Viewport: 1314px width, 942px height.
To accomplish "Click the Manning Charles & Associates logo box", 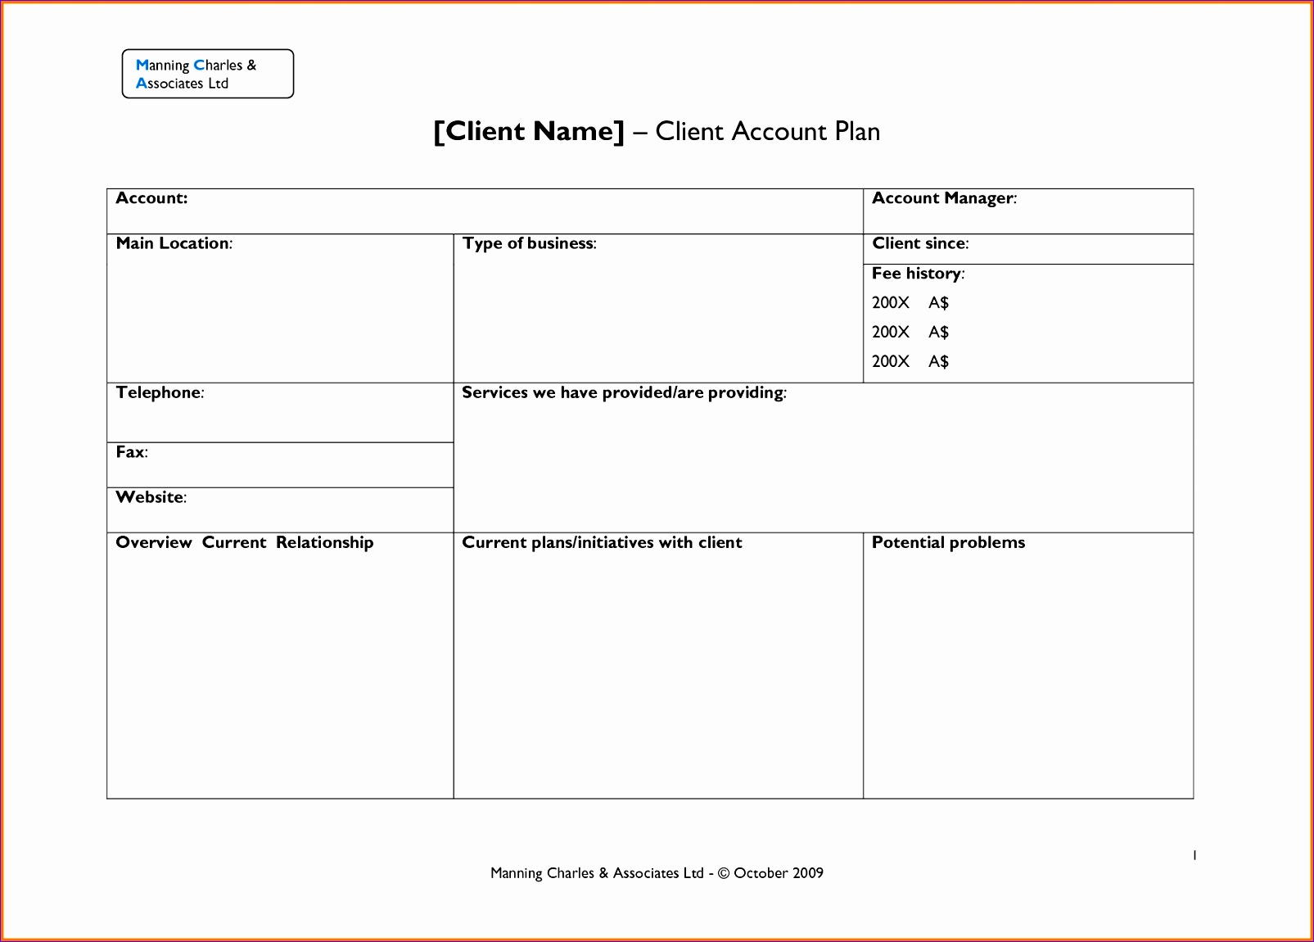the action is click(207, 74).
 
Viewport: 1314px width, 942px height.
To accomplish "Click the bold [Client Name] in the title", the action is click(529, 131).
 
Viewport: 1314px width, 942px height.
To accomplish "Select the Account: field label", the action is click(151, 198).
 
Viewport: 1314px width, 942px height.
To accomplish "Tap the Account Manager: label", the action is click(944, 198).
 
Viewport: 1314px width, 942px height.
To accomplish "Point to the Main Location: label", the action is click(174, 243).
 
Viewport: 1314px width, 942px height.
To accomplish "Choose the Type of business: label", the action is click(529, 243).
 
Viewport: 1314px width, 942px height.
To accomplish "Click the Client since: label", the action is click(920, 243).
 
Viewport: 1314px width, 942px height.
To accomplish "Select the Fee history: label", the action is click(918, 274).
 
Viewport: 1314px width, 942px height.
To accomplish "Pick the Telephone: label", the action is click(160, 392).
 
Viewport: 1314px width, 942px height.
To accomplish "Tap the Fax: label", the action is click(132, 452).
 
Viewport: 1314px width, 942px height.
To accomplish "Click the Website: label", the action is click(151, 497).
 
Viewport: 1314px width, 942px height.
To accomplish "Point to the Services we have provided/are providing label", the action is click(624, 392).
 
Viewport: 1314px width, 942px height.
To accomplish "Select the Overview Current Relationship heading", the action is click(244, 542).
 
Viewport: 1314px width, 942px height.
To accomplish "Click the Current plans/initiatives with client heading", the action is click(602, 542).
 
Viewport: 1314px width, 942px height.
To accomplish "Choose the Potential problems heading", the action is click(948, 542).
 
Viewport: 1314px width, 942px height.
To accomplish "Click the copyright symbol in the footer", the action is click(723, 873).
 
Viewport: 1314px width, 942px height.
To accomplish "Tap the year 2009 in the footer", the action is click(807, 873).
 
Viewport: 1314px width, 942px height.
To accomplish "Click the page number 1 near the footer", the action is click(1194, 855).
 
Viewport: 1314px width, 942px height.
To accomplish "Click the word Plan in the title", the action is click(857, 131).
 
